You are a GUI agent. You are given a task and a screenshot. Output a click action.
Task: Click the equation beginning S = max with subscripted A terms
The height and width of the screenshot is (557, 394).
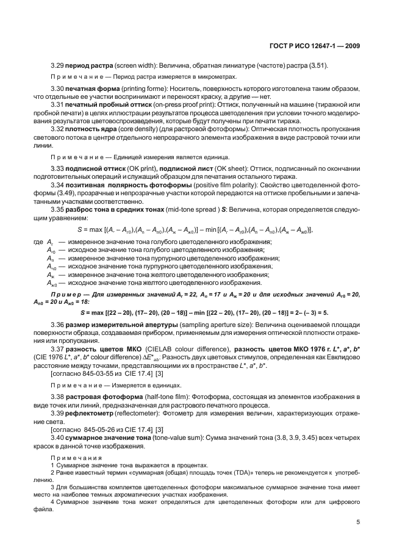point(195,229)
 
